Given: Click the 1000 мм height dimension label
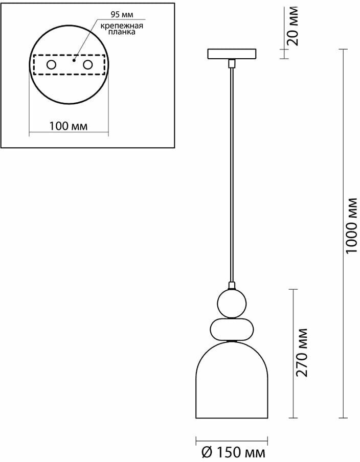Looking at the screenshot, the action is [351, 225].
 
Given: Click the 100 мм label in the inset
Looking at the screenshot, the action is [69, 126].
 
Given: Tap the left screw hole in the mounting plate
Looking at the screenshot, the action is [51, 65].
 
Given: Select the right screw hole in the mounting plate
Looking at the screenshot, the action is [88, 65].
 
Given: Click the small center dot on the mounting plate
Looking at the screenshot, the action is [74, 60].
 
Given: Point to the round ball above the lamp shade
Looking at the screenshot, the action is [231, 303].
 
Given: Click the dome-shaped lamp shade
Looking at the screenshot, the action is [232, 383].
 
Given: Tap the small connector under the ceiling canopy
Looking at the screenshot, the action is [232, 63].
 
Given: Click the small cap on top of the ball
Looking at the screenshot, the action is [232, 285].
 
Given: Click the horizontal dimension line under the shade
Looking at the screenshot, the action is [232, 438].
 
